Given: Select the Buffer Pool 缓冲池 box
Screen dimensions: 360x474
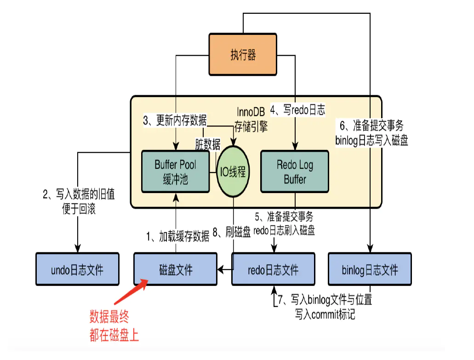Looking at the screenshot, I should coord(175,171).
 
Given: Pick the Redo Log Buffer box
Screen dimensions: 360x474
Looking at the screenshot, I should coord(295,171).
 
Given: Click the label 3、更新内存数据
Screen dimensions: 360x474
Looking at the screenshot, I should coord(175,121).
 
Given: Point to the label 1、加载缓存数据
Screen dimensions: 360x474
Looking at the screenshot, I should coord(177,236).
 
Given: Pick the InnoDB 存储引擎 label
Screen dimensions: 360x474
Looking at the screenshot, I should coord(251,119).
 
